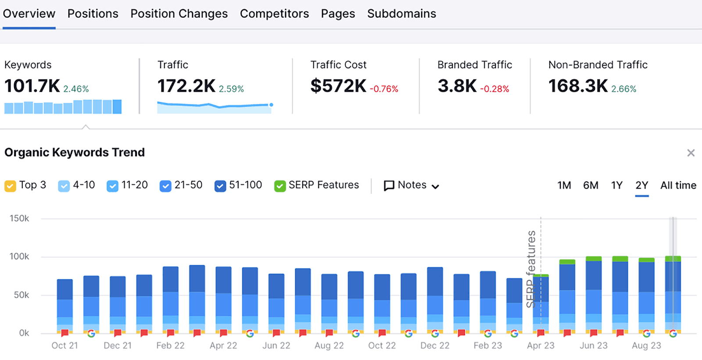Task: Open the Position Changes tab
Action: (x=179, y=14)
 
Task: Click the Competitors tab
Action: (x=274, y=14)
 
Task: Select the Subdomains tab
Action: (x=401, y=14)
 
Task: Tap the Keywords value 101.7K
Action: (x=32, y=86)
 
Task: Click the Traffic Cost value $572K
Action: (x=338, y=86)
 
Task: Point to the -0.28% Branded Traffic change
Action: (x=494, y=89)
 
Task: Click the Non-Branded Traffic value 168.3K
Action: (x=578, y=86)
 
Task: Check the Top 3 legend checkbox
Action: (x=10, y=186)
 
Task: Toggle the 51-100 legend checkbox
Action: (x=220, y=186)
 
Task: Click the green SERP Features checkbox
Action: (x=280, y=186)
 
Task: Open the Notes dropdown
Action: (x=412, y=186)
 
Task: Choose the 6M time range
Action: (x=591, y=186)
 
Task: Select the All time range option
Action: (x=678, y=186)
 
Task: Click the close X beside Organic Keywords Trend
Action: (x=691, y=153)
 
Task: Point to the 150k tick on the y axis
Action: (x=19, y=219)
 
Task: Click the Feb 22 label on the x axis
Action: (x=170, y=346)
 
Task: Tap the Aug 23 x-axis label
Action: (x=646, y=346)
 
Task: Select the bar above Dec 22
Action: (x=435, y=299)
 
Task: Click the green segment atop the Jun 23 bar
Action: (x=594, y=259)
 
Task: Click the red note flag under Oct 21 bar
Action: (x=65, y=333)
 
